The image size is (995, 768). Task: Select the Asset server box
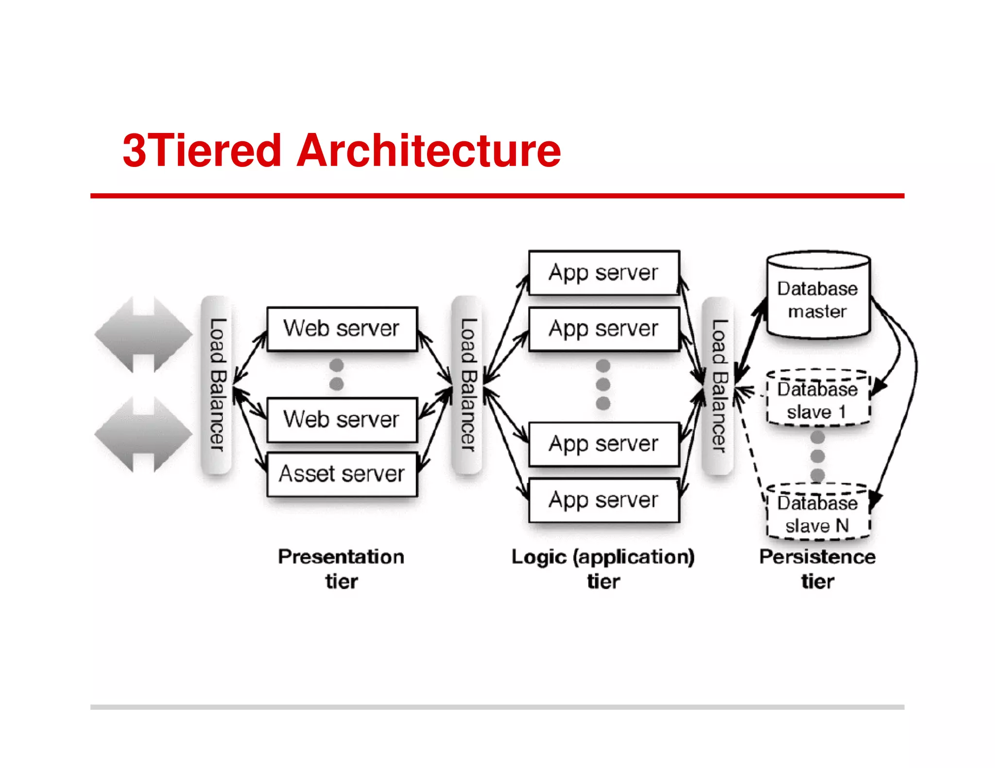[342, 474]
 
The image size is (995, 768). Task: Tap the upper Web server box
[342, 329]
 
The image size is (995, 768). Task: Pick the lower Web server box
[342, 419]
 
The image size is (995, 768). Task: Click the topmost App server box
[603, 272]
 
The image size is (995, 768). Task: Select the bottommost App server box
[603, 500]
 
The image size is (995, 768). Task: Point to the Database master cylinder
[818, 296]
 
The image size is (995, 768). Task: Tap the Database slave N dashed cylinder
[818, 513]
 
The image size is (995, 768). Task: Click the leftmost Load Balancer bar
[217, 384]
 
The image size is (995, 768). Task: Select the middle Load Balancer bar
[467, 384]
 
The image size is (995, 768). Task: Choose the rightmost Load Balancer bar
[718, 385]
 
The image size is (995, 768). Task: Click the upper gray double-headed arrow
[143, 334]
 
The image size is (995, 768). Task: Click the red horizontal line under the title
[497, 196]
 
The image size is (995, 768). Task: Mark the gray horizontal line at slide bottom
[497, 707]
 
